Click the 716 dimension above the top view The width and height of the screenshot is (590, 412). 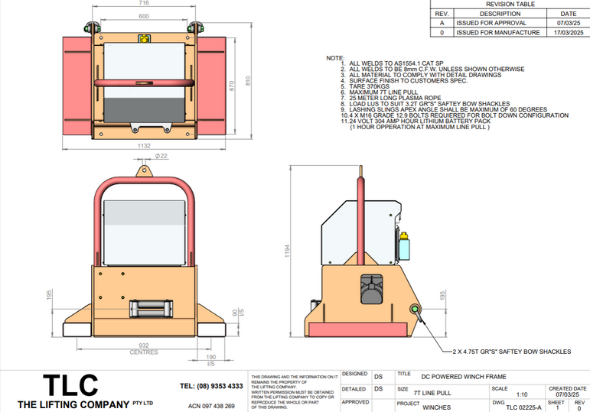[143, 4]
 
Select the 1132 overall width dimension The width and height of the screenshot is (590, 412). [143, 145]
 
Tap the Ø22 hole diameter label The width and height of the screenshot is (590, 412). [161, 156]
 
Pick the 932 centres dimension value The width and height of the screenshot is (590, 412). [143, 346]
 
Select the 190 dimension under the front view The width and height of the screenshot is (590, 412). [210, 357]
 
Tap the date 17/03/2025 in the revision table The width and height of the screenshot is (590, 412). [569, 33]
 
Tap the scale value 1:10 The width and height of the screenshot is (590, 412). [522, 394]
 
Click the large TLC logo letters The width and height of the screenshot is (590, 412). [70, 384]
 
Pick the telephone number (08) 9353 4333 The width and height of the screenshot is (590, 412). [211, 386]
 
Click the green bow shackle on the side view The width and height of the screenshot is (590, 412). [416, 310]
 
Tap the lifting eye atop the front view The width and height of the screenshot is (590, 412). [143, 170]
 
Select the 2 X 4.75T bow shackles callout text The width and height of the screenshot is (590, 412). [511, 352]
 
